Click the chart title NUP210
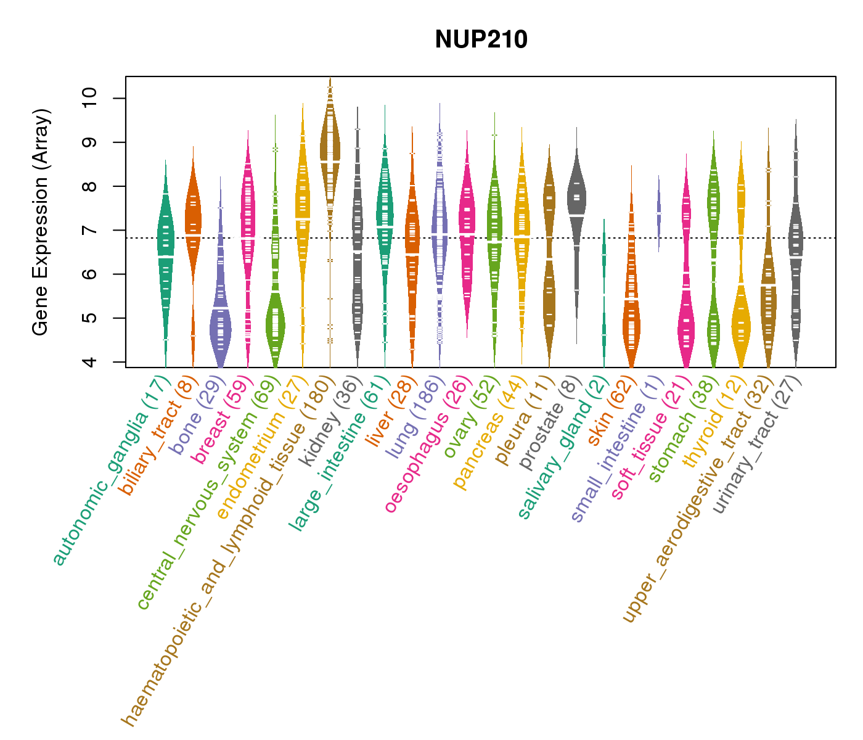click(481, 40)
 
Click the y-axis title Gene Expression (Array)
click(41, 222)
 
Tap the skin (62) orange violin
click(631, 308)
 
